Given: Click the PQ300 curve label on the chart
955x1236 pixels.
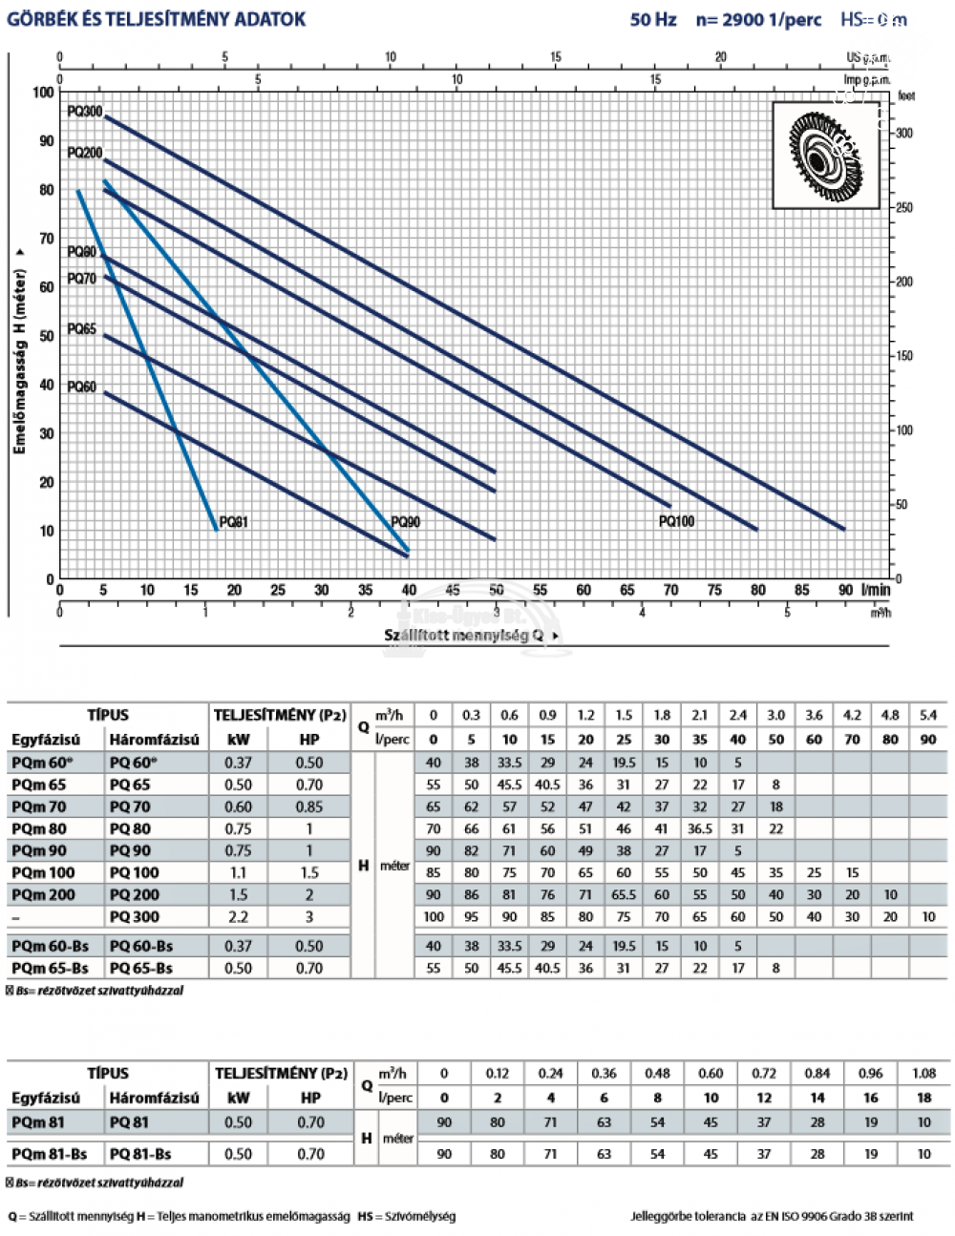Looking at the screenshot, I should click(85, 112).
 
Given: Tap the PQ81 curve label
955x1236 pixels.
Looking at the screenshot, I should click(233, 522).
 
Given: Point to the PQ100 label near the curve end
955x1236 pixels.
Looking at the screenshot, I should click(676, 521).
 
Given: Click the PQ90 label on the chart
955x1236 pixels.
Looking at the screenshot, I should click(406, 522).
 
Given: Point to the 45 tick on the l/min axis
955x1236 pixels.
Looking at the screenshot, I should click(453, 590).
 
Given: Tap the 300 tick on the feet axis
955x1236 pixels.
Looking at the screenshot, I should click(903, 134).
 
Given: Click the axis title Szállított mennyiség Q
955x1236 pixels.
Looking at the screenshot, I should click(464, 635).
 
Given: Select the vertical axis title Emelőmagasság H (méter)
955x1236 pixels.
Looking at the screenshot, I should click(20, 348).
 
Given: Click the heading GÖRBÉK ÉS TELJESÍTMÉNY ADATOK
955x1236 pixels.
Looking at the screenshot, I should click(157, 19).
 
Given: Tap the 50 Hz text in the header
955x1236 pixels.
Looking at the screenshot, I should click(653, 19).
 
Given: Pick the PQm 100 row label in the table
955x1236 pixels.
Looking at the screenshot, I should click(43, 872).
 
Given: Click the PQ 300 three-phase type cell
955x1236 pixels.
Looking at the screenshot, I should click(135, 916).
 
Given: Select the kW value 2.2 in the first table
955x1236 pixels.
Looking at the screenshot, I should click(238, 916).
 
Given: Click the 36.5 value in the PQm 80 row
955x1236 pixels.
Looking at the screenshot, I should click(700, 828).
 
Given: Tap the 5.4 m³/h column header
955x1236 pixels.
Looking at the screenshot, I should click(928, 715).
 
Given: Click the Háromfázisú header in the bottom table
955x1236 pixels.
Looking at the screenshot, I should click(155, 1098).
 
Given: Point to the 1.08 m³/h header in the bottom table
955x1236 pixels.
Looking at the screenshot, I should click(923, 1073).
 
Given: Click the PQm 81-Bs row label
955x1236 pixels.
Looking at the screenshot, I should click(50, 1154).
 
